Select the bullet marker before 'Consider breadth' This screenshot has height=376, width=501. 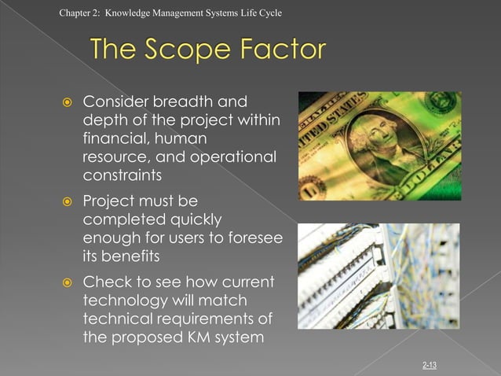[68, 102]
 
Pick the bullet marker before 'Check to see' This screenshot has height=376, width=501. [68, 282]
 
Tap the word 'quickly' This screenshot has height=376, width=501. [189, 220]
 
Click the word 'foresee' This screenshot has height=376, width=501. [252, 238]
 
